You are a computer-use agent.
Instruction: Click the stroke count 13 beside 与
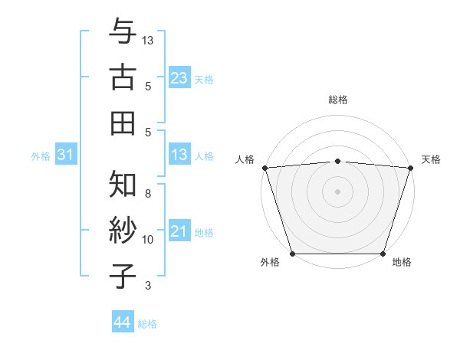(x=149, y=39)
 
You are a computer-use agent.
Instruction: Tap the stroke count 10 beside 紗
(x=148, y=240)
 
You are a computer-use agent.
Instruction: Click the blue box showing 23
(x=179, y=78)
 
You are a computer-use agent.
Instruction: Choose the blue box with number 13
(x=179, y=155)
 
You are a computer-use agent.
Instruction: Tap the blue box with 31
(x=66, y=155)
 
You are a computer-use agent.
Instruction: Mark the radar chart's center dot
(x=337, y=191)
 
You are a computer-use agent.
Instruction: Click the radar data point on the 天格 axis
(x=410, y=168)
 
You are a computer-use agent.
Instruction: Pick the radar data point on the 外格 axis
(x=292, y=253)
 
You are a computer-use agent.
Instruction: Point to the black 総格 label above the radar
(x=337, y=100)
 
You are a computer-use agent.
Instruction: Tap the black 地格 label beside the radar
(x=402, y=263)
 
